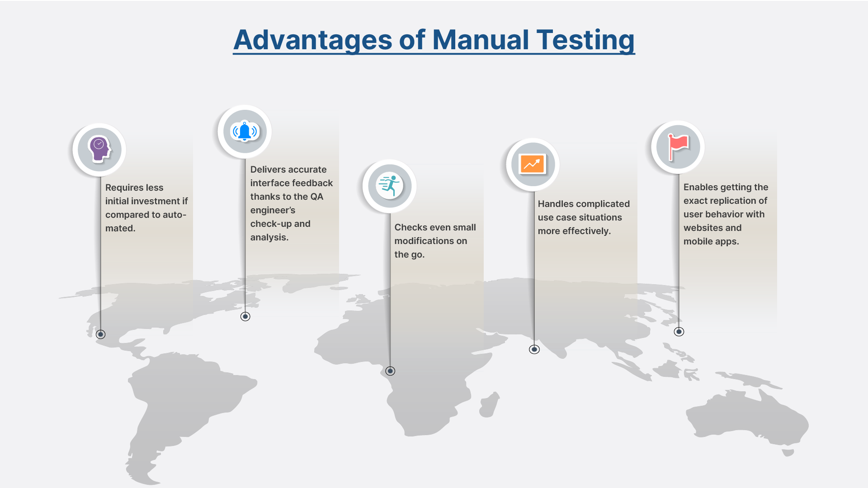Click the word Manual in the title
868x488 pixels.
point(480,40)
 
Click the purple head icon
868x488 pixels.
point(100,149)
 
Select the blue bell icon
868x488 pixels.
point(245,131)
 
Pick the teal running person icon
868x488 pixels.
point(389,186)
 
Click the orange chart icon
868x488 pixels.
point(533,164)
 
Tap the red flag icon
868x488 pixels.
point(678,147)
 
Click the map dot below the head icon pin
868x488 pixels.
point(101,334)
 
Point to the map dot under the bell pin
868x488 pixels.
point(245,316)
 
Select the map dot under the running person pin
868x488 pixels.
point(390,371)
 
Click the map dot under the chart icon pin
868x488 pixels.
point(534,349)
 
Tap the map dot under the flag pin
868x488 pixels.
point(679,332)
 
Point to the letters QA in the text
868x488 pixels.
point(316,197)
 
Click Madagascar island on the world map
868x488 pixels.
point(489,404)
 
